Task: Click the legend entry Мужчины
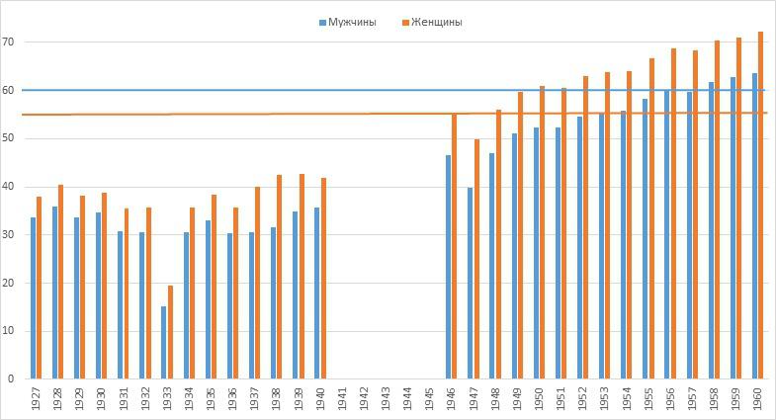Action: point(352,23)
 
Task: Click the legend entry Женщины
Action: point(437,23)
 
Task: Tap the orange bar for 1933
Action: point(170,331)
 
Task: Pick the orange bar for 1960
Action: point(760,205)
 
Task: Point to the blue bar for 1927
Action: point(34,297)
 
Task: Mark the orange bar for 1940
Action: point(323,278)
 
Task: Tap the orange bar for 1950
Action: point(542,231)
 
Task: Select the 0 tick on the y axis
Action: point(11,378)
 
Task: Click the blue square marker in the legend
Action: point(322,23)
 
